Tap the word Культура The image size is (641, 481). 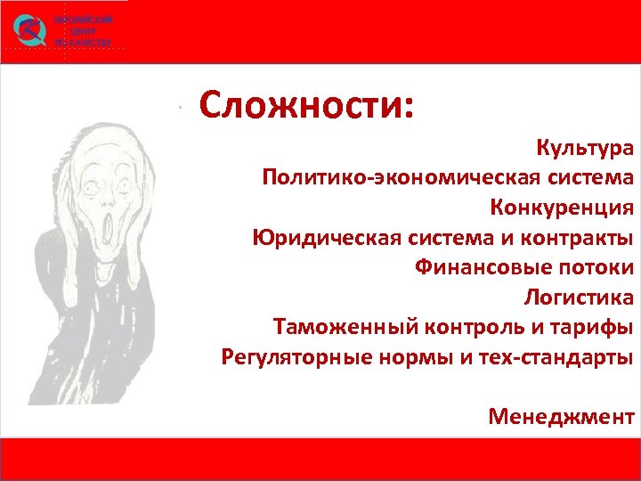point(585,146)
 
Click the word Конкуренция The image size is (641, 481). point(562,208)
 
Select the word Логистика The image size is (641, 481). point(580,298)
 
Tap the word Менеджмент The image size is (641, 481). point(561,416)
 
